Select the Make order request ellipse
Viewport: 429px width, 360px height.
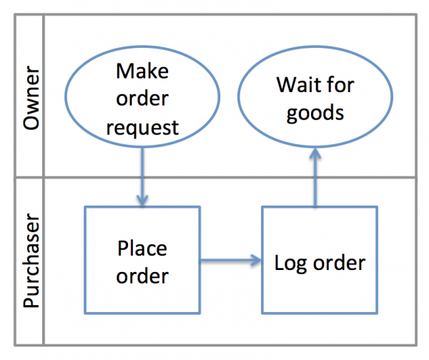[x=143, y=99]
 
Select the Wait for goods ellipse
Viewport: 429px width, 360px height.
[x=315, y=99]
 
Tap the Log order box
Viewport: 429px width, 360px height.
[x=319, y=261]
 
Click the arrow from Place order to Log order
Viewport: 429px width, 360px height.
[x=229, y=261]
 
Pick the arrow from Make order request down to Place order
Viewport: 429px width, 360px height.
[x=143, y=175]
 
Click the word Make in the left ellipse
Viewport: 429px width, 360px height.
[x=143, y=71]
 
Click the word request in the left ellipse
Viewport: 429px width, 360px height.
[x=143, y=128]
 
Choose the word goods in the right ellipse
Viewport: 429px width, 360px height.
[x=315, y=114]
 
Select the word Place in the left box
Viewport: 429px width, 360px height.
[x=143, y=249]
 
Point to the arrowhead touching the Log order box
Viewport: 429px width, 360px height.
[x=255, y=261]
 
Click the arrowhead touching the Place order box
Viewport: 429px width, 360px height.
[x=143, y=201]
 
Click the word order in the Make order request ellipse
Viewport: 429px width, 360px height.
[x=143, y=99]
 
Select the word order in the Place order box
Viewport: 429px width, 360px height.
[x=143, y=276]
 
